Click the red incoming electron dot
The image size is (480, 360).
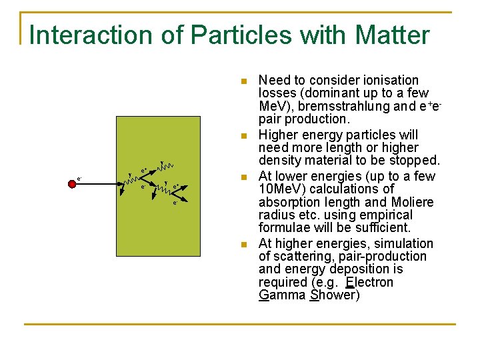72,184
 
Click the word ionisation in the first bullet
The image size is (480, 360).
387,80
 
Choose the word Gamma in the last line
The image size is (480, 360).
282,295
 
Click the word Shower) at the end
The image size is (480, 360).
335,295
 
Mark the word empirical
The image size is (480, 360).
379,215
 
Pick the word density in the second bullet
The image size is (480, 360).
281,161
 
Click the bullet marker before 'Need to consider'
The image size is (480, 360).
244,81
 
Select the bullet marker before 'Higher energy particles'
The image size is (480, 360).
244,136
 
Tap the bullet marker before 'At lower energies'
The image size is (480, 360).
244,177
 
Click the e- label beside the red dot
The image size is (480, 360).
79,178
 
